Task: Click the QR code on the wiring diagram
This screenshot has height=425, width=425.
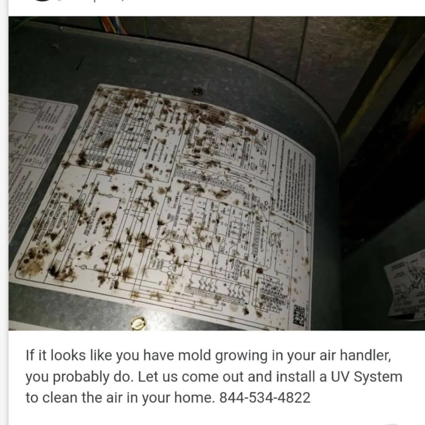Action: coord(299,315)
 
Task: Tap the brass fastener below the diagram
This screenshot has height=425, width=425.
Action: coord(139,322)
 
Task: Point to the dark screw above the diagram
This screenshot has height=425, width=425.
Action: coord(197,92)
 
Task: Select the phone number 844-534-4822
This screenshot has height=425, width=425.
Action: coord(265,397)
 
